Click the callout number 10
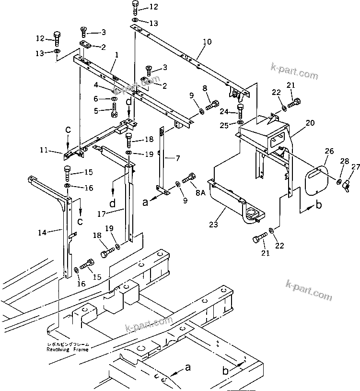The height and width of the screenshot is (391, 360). (x=207, y=42)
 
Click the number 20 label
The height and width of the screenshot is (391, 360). (x=310, y=123)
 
